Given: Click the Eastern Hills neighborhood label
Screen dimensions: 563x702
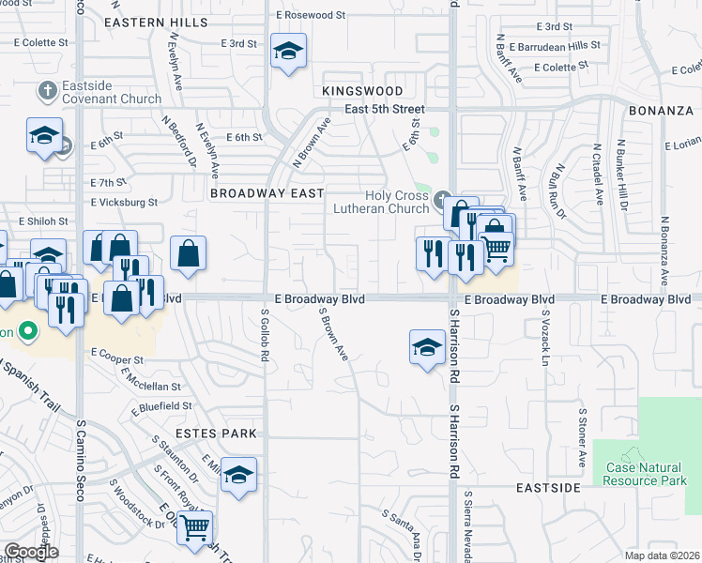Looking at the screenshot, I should click(157, 22).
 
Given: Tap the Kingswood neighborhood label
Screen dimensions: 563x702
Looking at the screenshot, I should click(362, 91).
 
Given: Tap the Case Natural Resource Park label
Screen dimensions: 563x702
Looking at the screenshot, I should click(647, 474).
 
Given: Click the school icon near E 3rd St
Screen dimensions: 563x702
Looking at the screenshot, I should click(287, 52).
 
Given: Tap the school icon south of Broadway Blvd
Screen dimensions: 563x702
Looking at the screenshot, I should click(428, 347).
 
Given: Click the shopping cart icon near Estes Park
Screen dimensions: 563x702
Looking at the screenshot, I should click(194, 527).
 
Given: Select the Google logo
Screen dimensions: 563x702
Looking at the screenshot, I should click(31, 552).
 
